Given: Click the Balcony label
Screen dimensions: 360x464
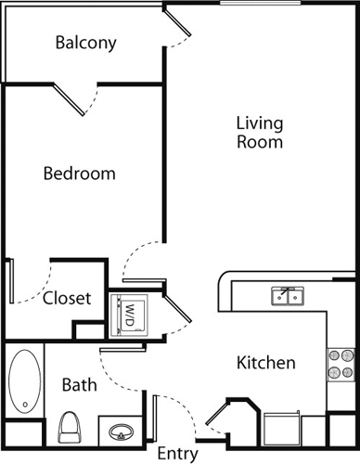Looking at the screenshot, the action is tap(86, 43).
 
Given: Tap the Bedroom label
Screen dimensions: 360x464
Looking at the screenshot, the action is tap(80, 174).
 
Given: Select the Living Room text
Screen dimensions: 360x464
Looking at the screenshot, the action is tap(260, 133).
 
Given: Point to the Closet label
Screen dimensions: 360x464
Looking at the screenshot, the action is tap(67, 298).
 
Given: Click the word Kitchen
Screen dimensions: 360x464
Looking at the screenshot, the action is tap(266, 363).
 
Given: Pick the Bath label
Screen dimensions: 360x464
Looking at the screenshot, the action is tap(80, 385).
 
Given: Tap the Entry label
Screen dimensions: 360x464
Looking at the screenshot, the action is tap(177, 454).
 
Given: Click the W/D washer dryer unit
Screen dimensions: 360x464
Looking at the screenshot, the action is tap(130, 316).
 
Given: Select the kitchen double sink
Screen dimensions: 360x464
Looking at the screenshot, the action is tap(288, 296).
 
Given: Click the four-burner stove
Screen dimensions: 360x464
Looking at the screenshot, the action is tap(341, 365).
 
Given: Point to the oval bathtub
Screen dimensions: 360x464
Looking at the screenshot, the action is tap(25, 381).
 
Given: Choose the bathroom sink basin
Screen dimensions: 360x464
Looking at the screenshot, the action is tap(122, 432).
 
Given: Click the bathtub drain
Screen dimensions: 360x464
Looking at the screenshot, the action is tap(25, 405).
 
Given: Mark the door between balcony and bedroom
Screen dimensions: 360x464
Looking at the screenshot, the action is tap(69, 100).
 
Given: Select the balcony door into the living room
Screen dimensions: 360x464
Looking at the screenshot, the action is tap(177, 22).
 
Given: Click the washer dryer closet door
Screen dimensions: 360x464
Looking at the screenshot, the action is tap(177, 308).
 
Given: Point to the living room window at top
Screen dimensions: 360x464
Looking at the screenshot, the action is tap(261, 3).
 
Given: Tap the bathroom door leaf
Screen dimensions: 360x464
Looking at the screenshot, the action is tap(122, 350).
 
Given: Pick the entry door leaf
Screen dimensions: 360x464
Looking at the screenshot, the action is tap(155, 419).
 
